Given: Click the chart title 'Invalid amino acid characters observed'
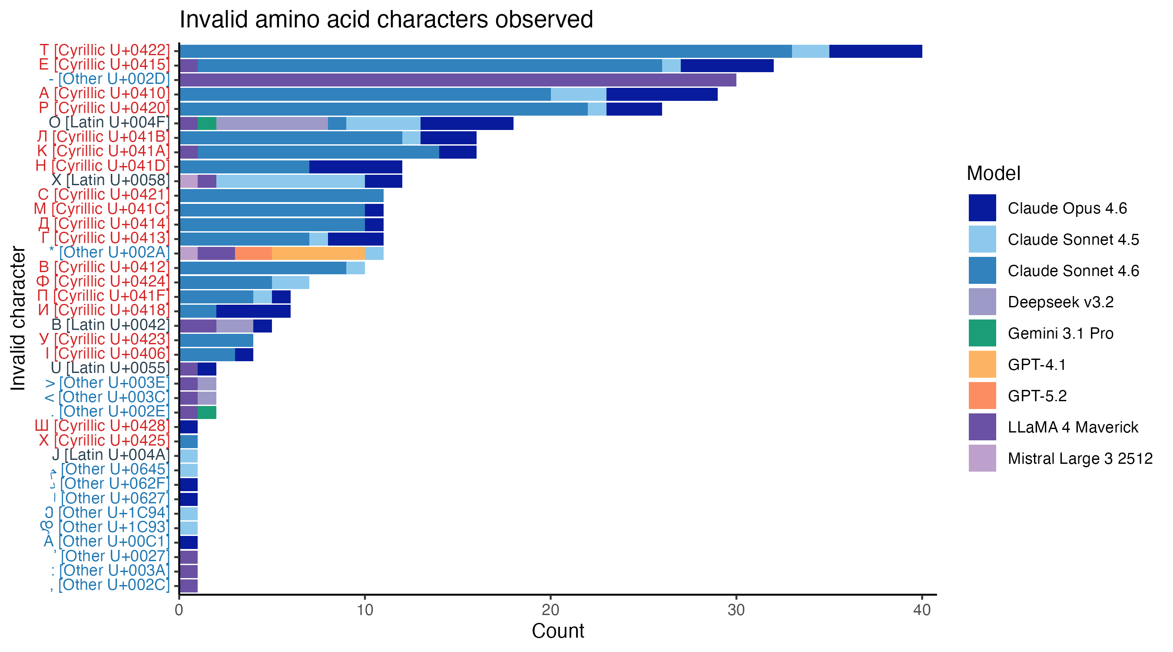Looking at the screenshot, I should pyautogui.click(x=386, y=20).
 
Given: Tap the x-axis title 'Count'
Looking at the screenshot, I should pyautogui.click(x=557, y=631).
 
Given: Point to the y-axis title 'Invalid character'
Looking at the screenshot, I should pyautogui.click(x=18, y=318).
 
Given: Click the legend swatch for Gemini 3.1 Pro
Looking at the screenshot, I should pyautogui.click(x=982, y=333).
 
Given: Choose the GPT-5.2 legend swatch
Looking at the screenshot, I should pyautogui.click(x=982, y=396).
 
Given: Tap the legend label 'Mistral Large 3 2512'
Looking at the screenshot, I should pyautogui.click(x=1080, y=459).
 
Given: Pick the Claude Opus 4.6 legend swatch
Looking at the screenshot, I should pyautogui.click(x=982, y=208).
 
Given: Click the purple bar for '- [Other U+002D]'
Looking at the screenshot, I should pyautogui.click(x=457, y=80).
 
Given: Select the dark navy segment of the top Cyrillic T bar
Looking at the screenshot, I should pyautogui.click(x=875, y=51).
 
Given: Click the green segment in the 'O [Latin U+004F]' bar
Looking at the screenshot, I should pyautogui.click(x=207, y=123).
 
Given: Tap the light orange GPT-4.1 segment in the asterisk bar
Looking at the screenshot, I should pyautogui.click(x=318, y=253).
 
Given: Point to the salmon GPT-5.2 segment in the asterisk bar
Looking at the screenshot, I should pyautogui.click(x=253, y=253).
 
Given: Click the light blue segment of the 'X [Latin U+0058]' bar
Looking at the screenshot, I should pyautogui.click(x=290, y=181).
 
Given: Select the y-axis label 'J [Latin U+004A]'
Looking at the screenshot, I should pyautogui.click(x=110, y=455).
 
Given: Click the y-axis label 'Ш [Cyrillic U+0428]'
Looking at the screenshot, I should pyautogui.click(x=102, y=426).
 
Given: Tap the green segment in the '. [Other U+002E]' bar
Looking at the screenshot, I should pyautogui.click(x=207, y=413).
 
